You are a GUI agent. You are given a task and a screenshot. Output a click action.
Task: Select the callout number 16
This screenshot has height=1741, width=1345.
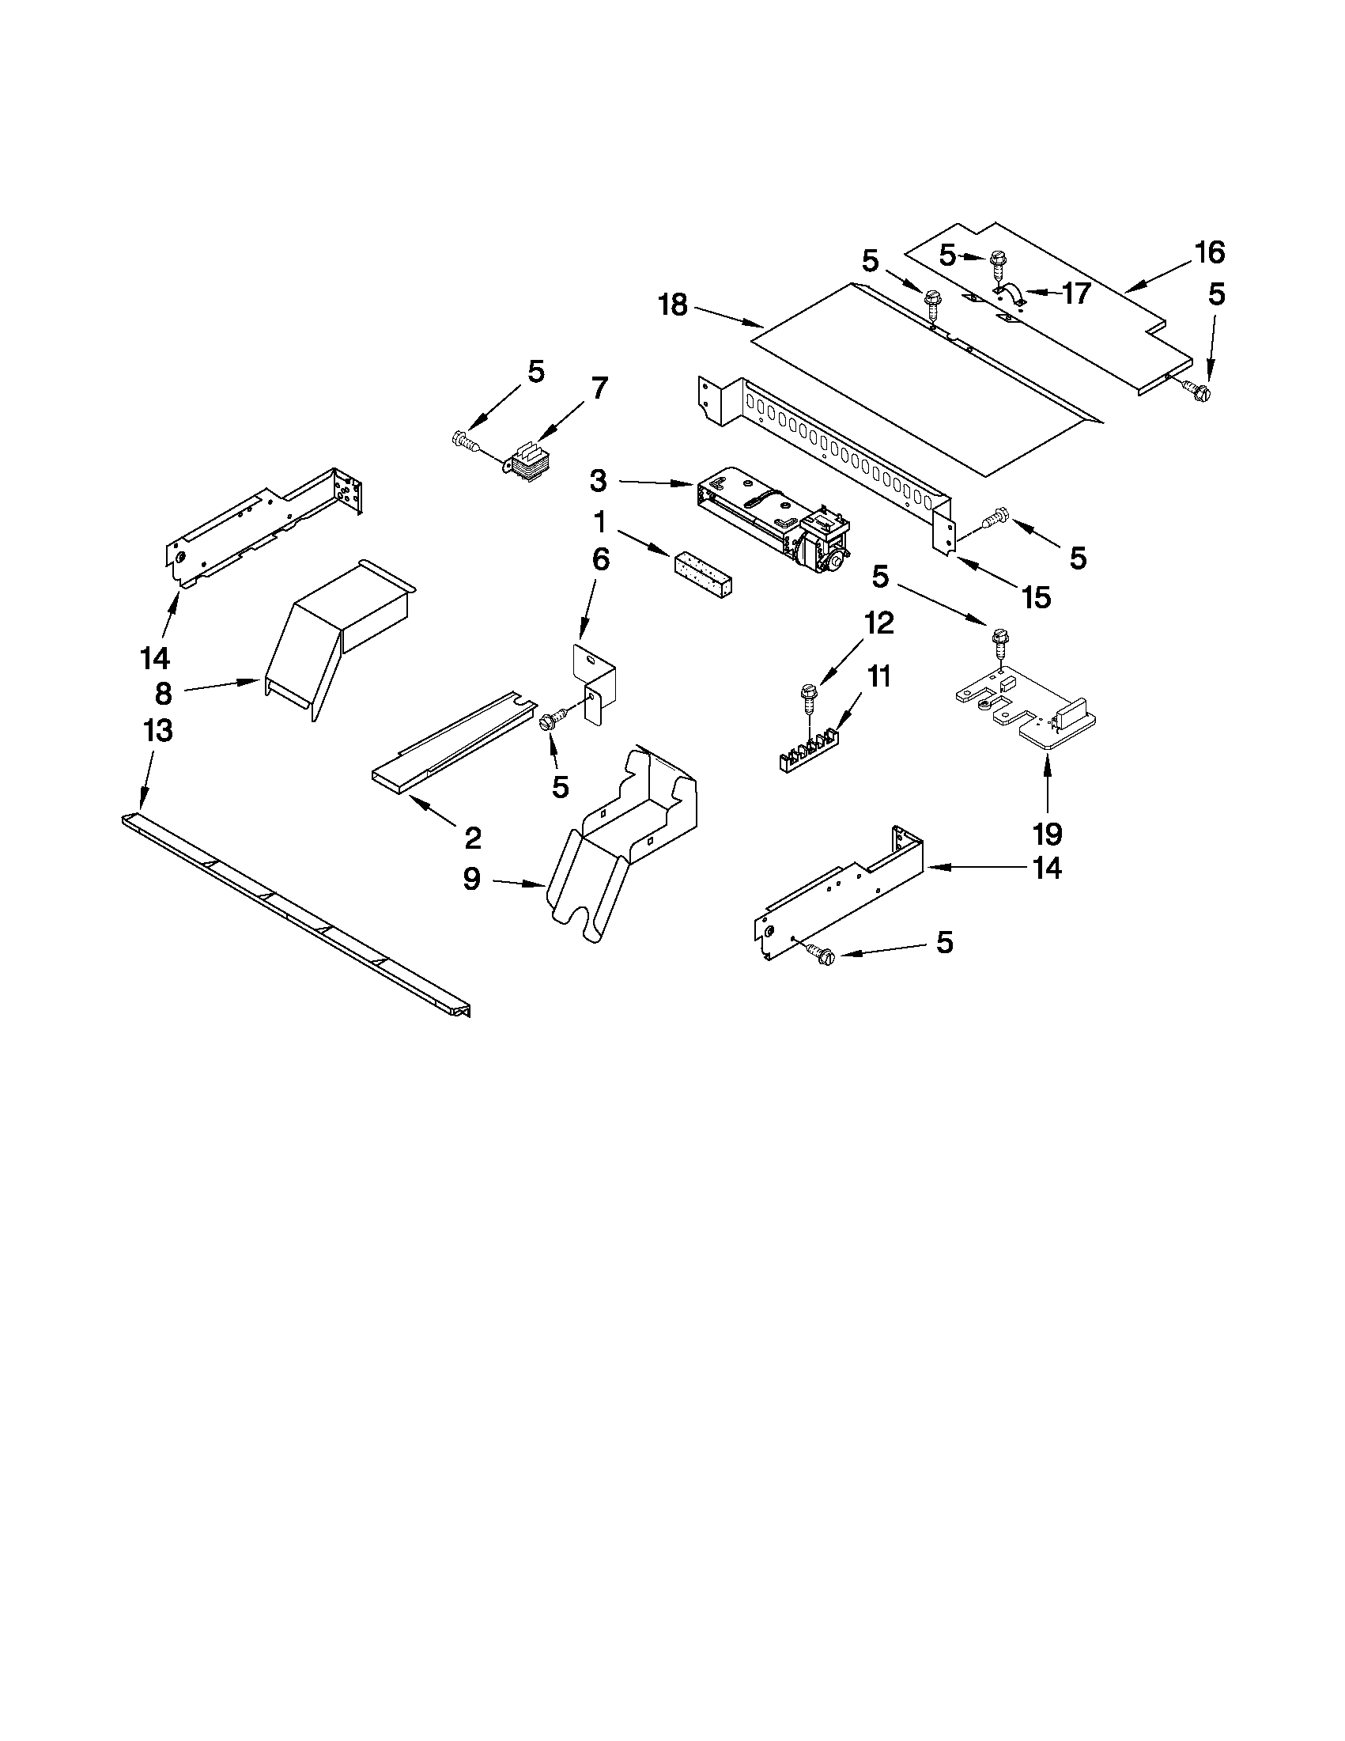(x=1209, y=252)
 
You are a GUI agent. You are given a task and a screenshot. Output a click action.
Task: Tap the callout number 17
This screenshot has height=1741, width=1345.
(x=1075, y=293)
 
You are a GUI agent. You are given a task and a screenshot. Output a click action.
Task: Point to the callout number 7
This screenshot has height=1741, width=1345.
(x=599, y=388)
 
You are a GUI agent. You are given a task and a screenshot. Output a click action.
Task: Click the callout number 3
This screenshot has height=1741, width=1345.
(x=599, y=481)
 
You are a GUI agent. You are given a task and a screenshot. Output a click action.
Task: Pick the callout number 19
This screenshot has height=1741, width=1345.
(x=1047, y=834)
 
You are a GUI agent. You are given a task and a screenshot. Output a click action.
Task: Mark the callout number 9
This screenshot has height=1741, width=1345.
(x=472, y=880)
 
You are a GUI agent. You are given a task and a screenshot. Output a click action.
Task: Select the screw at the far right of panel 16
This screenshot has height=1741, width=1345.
(x=1197, y=390)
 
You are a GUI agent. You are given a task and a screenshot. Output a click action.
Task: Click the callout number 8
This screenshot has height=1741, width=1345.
(x=163, y=694)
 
